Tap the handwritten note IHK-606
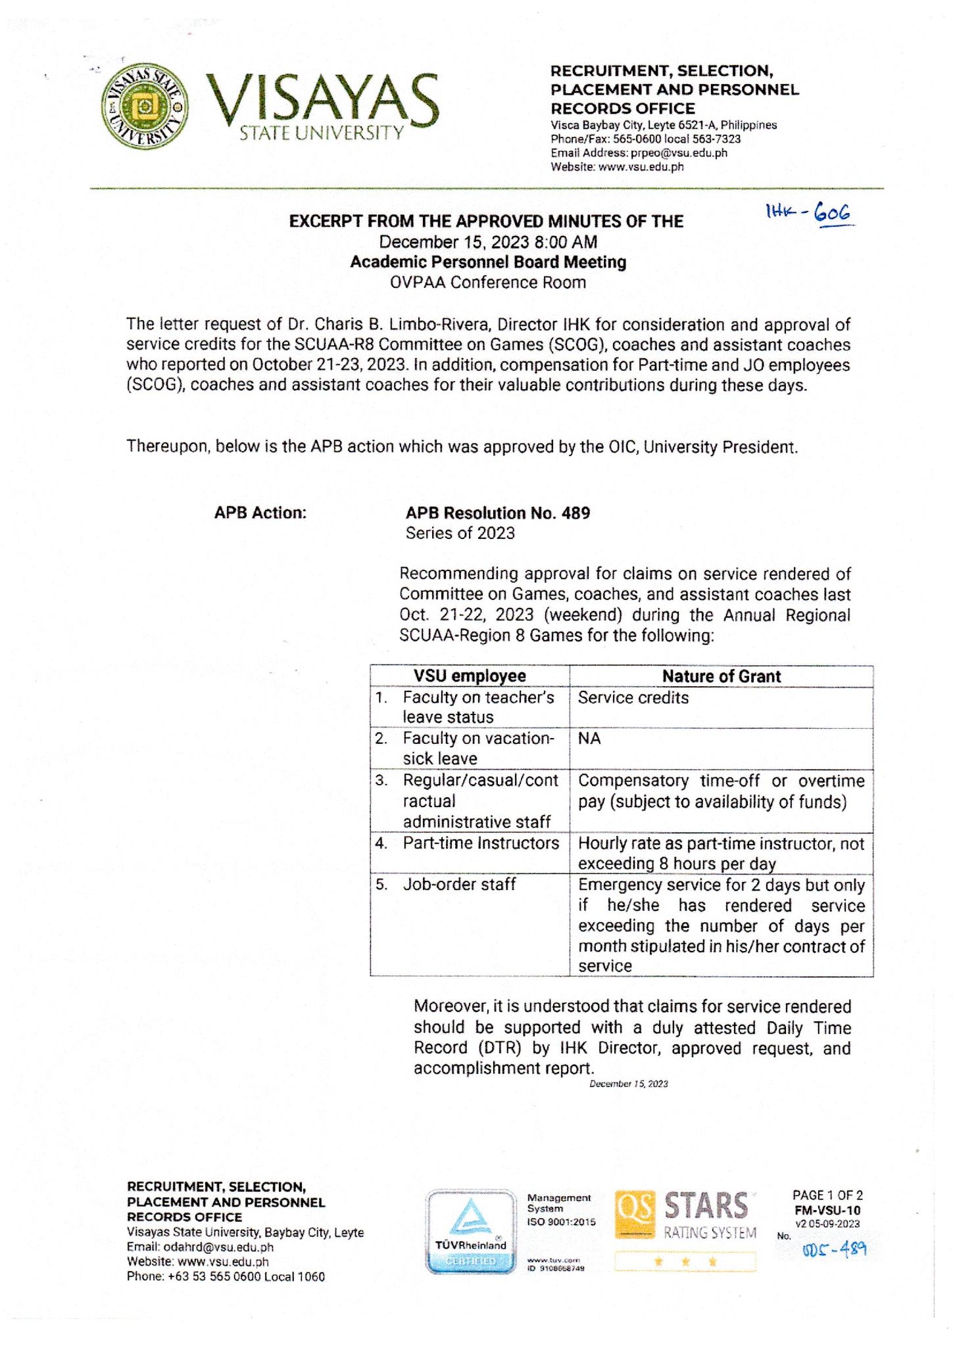click(808, 212)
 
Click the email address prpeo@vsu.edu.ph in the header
click(679, 153)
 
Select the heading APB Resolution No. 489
click(497, 513)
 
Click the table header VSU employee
click(470, 676)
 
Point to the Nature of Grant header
click(721, 676)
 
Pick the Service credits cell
click(633, 698)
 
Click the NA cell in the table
click(589, 739)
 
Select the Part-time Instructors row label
click(481, 843)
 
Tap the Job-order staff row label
click(459, 885)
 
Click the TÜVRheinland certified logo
click(471, 1232)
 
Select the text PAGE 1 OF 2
click(827, 1195)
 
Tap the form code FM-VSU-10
click(827, 1210)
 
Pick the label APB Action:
click(260, 513)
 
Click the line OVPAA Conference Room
click(487, 283)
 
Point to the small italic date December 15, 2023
click(628, 1084)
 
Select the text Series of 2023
click(460, 533)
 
